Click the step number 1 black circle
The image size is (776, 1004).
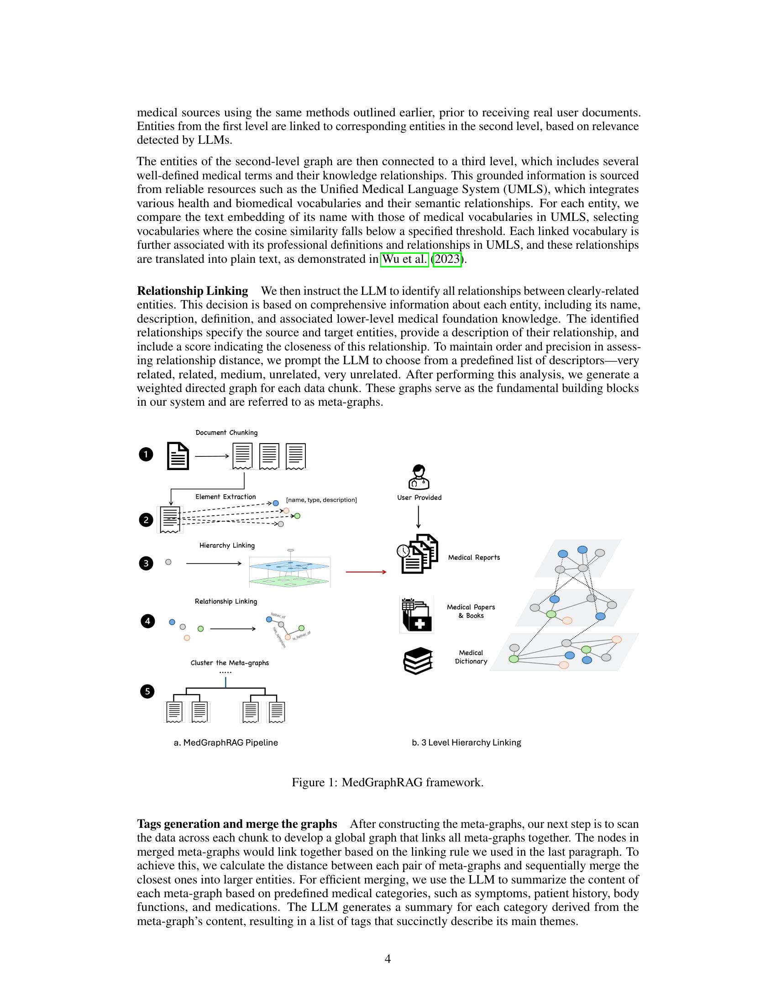tap(146, 455)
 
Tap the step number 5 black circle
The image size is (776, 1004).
tap(147, 691)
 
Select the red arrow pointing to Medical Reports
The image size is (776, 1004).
tap(366, 572)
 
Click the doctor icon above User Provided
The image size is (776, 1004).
tap(419, 477)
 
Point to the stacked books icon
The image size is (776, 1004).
tap(418, 661)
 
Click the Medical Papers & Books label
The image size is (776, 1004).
tap(471, 612)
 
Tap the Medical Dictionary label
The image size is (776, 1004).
tap(471, 657)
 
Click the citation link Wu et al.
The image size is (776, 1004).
tap(404, 259)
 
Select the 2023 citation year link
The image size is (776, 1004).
tap(447, 259)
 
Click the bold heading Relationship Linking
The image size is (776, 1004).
tap(192, 291)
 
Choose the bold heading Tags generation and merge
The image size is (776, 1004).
tap(237, 824)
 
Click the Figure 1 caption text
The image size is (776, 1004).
tap(388, 782)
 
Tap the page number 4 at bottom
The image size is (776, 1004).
tap(388, 959)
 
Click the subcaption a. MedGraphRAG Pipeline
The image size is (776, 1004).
tap(225, 743)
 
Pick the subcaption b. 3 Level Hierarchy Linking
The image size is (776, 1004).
tap(466, 743)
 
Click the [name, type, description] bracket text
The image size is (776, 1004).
tap(321, 500)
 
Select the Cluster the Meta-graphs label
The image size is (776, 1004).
tap(230, 663)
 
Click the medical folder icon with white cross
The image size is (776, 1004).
tap(417, 615)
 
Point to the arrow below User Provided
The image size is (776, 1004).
tap(418, 517)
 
